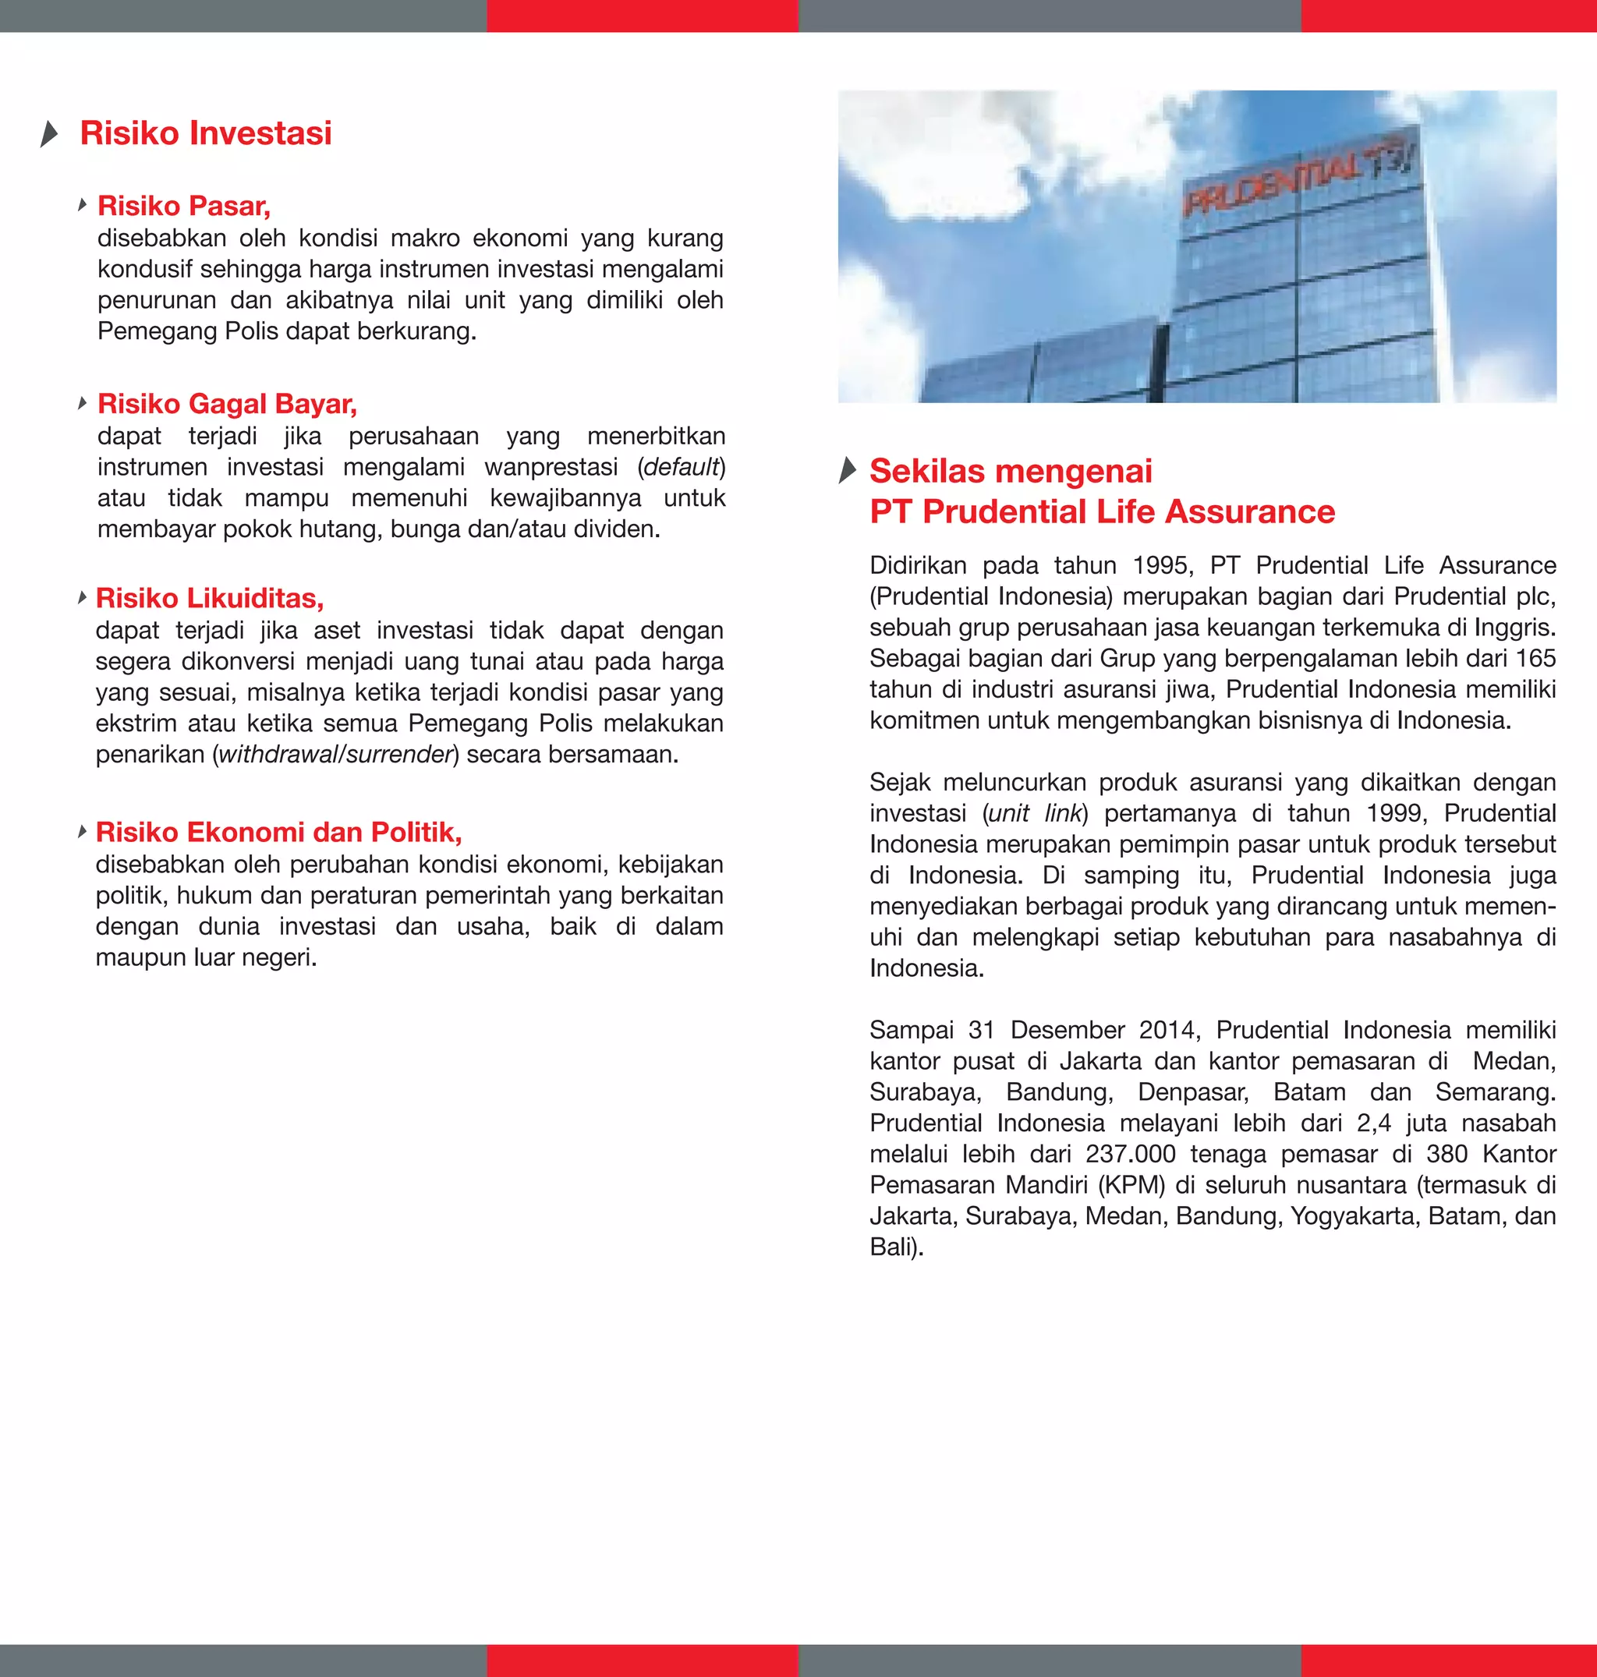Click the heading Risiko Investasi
point(205,133)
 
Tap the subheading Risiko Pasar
point(184,206)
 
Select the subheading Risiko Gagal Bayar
point(227,404)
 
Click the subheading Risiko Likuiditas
point(210,599)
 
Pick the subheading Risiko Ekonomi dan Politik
point(278,832)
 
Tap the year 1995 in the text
point(1163,566)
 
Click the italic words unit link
point(1035,814)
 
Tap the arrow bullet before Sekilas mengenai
point(847,470)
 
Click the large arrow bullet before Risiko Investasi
point(49,133)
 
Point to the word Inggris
point(1517,628)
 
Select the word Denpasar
point(1192,1092)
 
